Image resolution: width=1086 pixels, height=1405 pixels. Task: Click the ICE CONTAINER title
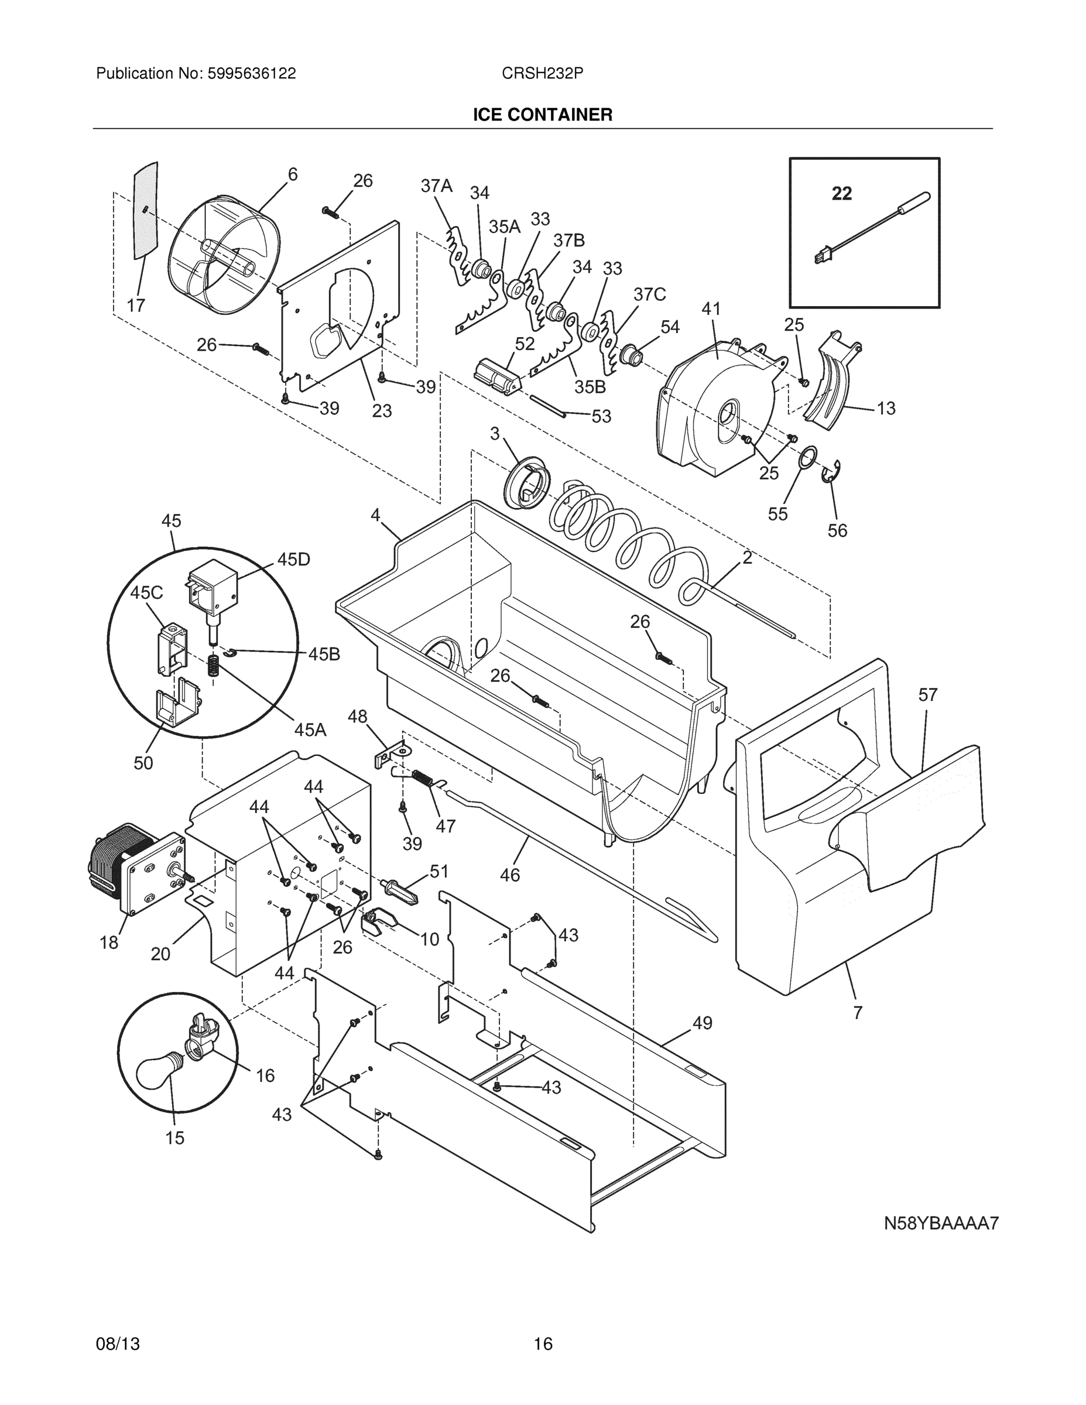tap(542, 115)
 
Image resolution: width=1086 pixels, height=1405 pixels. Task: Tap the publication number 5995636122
tap(251, 74)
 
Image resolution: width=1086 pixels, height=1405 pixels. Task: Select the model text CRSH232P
tap(542, 74)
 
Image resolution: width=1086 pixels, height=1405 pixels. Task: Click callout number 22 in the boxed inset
tap(841, 193)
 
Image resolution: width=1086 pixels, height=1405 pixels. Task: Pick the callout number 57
tap(928, 695)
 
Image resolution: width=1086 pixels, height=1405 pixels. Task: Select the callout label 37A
tap(436, 186)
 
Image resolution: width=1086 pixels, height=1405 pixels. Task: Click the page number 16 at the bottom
tap(542, 1344)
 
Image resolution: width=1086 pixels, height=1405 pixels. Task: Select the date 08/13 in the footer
tap(118, 1344)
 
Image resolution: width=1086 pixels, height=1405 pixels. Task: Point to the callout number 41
tap(710, 310)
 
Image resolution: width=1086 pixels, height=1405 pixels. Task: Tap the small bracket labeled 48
tap(392, 753)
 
